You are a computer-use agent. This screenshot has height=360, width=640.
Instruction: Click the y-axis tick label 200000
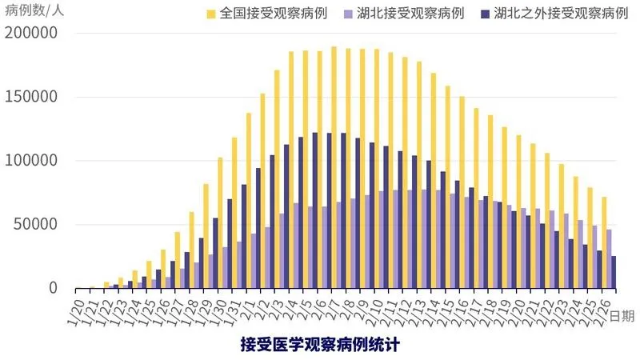pos(31,34)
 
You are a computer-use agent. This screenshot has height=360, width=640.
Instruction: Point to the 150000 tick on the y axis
pos(31,98)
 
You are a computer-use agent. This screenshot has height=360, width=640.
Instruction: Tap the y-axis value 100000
pos(31,161)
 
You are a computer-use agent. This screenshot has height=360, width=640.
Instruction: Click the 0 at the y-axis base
pos(53,287)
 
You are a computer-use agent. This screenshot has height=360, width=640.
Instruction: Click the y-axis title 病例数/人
pos(36,10)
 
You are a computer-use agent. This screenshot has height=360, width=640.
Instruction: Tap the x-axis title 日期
pos(622,315)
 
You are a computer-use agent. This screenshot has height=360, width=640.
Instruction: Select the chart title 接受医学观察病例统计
pos(320,345)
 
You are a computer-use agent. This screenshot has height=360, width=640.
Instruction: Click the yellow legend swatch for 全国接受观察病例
pos(211,14)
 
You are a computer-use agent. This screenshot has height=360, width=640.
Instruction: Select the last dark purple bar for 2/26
pos(614,272)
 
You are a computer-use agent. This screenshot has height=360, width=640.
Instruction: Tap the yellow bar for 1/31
pos(234,213)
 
